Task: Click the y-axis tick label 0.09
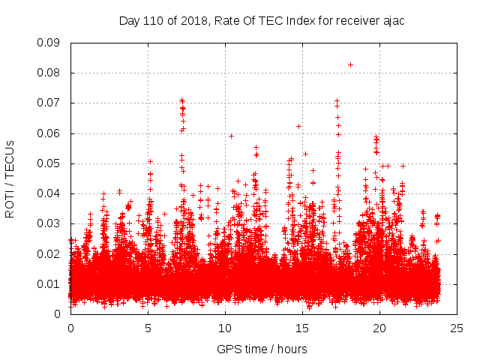49,43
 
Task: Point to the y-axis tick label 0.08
49,73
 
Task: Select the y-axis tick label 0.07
49,103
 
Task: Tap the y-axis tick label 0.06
49,133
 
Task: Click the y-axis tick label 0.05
49,163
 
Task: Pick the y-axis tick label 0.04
49,193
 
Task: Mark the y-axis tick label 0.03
49,223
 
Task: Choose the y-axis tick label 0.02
49,253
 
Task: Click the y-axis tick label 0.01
49,283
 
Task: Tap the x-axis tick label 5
148,328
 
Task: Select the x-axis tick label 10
225,328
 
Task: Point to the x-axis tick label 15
302,328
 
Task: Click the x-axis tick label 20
379,328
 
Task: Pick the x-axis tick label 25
457,328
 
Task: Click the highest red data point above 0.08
350,64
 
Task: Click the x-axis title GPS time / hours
263,349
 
